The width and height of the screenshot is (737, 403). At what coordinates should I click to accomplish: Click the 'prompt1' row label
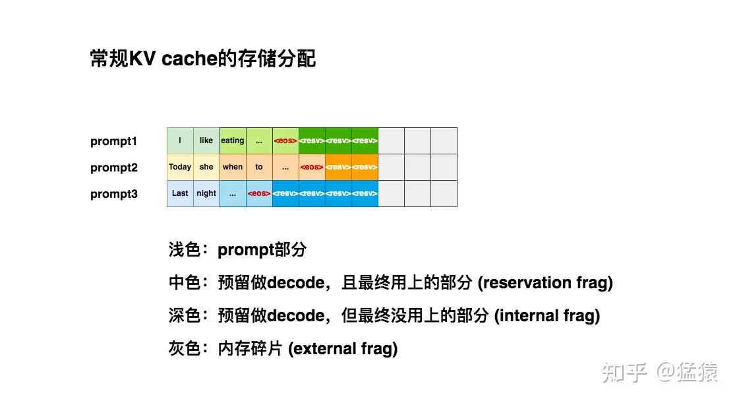[114, 141]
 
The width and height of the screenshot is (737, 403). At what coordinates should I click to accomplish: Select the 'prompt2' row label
[114, 168]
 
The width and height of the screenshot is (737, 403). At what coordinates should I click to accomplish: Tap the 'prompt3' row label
[114, 194]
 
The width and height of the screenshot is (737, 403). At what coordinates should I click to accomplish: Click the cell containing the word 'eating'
[233, 140]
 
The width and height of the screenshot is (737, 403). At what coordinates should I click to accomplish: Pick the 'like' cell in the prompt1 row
[206, 140]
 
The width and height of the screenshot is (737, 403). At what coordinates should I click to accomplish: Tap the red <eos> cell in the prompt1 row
[285, 140]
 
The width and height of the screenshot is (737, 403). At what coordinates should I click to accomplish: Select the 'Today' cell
[180, 167]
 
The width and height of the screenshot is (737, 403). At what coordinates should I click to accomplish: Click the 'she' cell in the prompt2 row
[206, 167]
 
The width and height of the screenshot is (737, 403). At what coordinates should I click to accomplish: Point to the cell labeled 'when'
[233, 167]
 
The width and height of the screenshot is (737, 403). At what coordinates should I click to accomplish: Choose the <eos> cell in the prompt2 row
[312, 167]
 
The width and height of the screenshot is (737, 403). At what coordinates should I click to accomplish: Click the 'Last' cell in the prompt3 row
[180, 193]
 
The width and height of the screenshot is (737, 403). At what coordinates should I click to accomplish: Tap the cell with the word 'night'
[206, 193]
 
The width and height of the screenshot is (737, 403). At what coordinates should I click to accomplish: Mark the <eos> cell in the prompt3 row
[259, 193]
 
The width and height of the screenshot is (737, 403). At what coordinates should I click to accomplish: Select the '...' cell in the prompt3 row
[233, 193]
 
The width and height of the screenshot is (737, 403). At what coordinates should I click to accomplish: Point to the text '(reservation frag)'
[545, 283]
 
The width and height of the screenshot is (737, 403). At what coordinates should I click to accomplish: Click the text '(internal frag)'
[547, 316]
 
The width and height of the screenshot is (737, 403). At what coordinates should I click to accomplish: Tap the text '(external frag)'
[343, 349]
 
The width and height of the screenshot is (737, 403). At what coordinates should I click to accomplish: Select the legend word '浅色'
[185, 250]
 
